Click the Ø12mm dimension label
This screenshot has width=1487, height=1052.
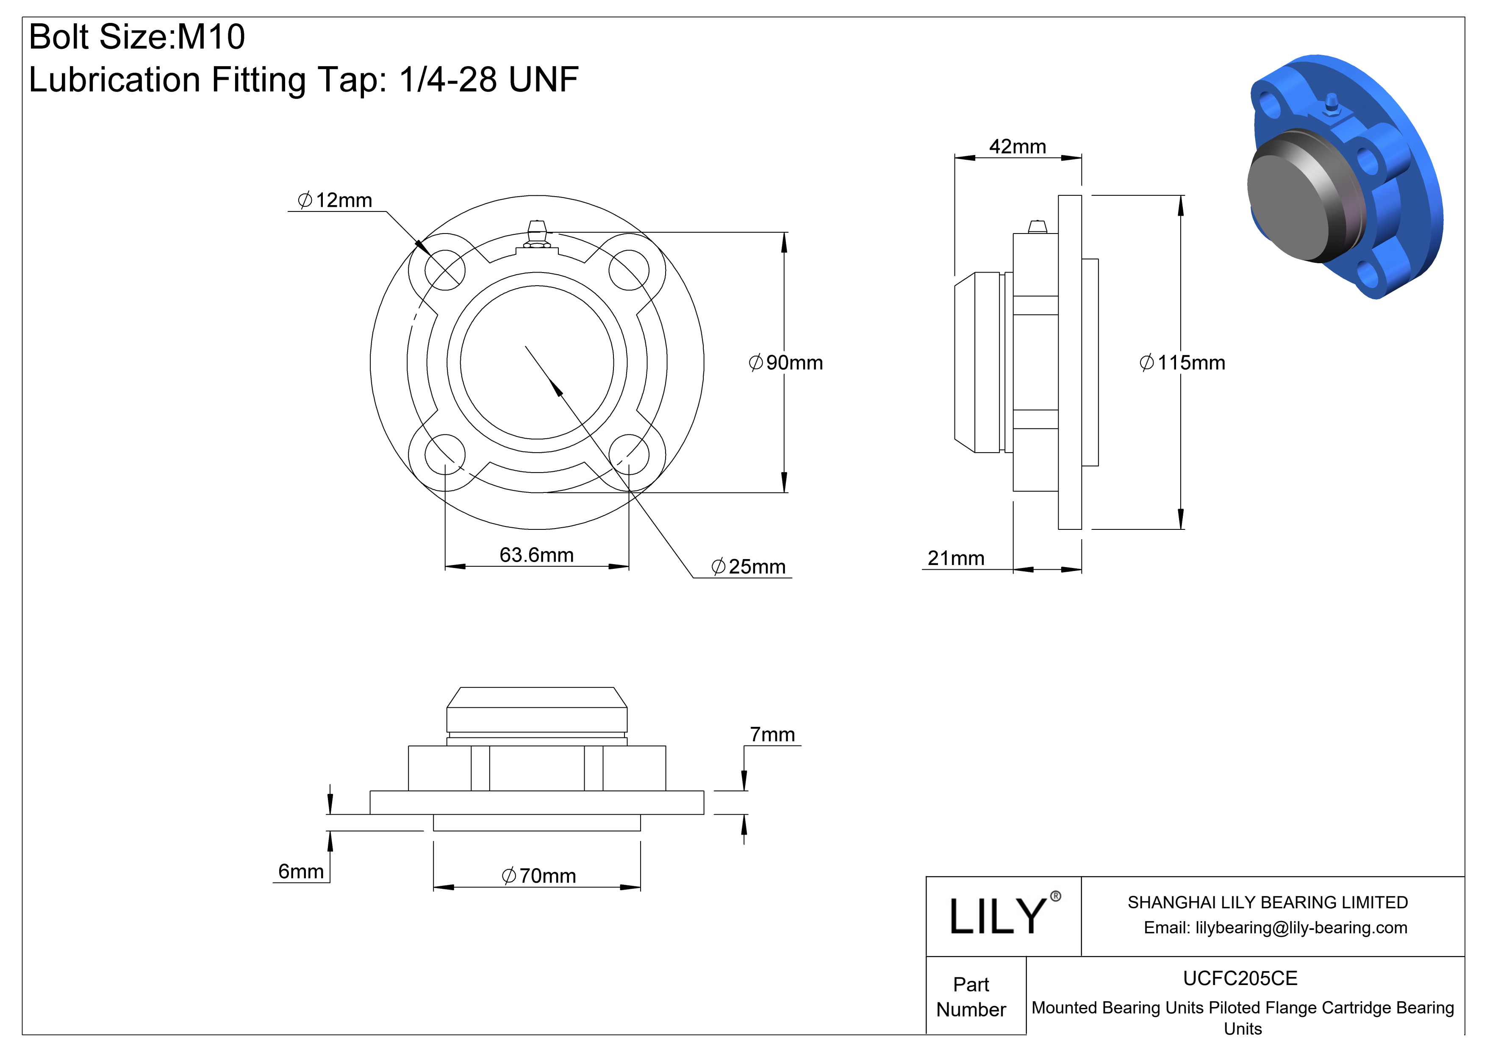[334, 200]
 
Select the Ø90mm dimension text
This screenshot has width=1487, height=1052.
[785, 363]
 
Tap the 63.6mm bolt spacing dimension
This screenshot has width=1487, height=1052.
[536, 555]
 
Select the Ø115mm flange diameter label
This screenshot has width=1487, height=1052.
[1182, 363]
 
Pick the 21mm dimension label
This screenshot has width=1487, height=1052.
[955, 558]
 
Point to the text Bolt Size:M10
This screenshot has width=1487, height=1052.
[137, 36]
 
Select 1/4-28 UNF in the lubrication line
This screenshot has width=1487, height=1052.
[488, 80]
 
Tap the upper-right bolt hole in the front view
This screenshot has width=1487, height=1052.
[629, 271]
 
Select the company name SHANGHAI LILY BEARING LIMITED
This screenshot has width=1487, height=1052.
[1268, 902]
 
